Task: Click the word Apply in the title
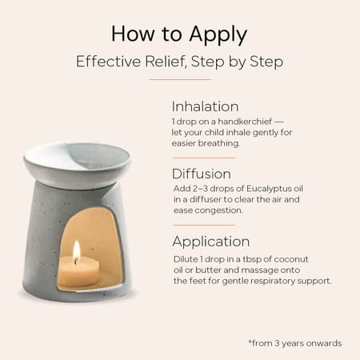[218, 34]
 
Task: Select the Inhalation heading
[205, 106]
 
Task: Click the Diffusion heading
[202, 174]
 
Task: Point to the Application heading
[211, 242]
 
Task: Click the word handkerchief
[245, 122]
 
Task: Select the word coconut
[291, 259]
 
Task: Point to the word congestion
[218, 210]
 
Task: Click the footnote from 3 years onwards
[295, 343]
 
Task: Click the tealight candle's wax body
[79, 270]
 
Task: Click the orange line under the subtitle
[180, 79]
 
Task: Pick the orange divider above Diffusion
[204, 158]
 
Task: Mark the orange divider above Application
[204, 225]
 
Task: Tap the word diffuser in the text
[206, 200]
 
